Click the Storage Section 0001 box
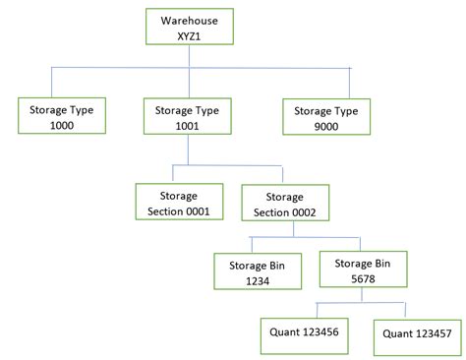point(178,202)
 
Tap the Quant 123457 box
point(417,334)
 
